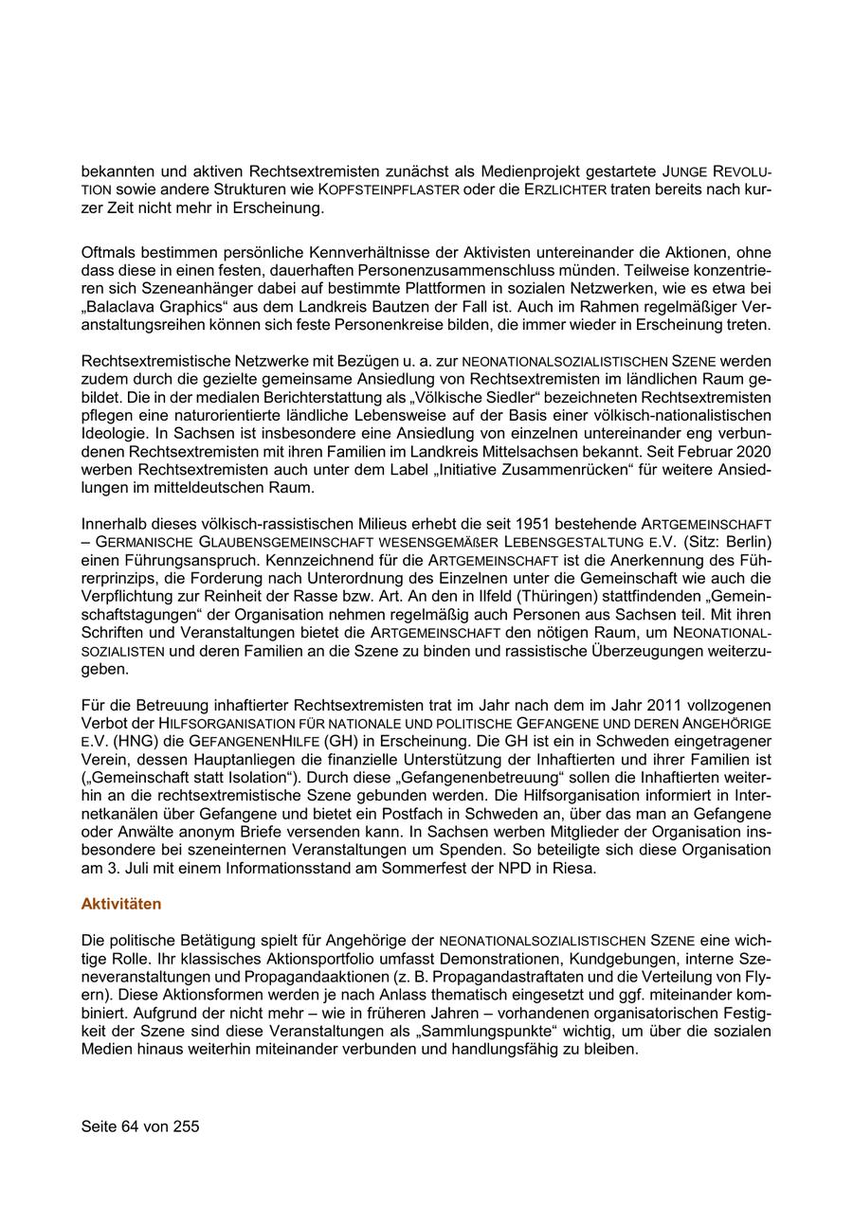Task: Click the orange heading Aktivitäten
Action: coord(121,904)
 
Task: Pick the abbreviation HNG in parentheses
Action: coord(131,741)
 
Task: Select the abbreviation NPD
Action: coord(511,868)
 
